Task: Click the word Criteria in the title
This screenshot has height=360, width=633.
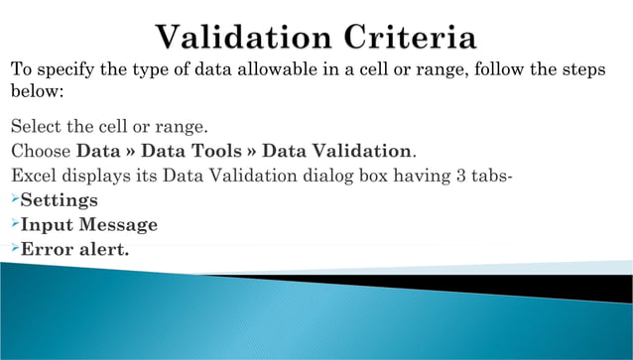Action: (408, 39)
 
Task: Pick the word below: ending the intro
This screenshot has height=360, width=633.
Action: (37, 91)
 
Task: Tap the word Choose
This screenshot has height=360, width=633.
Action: (41, 152)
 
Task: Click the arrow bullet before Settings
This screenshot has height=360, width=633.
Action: (14, 200)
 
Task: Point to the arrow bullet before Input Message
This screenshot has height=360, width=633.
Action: (14, 224)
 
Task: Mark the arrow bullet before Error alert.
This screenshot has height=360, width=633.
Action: (14, 248)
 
